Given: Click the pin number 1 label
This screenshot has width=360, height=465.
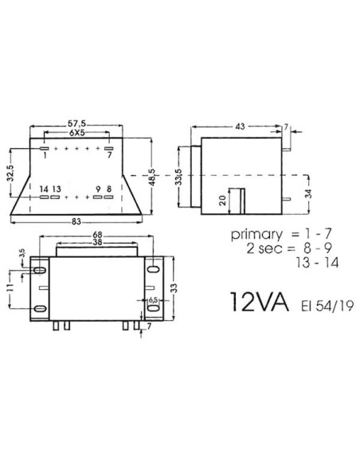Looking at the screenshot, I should coord(45,156).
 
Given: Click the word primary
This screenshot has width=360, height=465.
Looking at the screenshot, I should coord(257,236).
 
